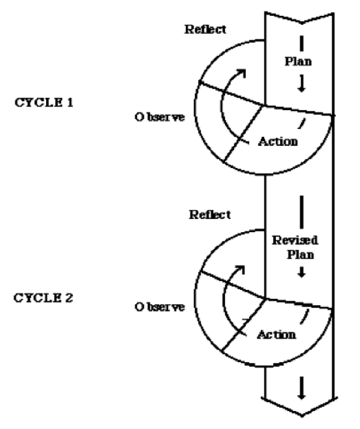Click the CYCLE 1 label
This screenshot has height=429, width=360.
44,103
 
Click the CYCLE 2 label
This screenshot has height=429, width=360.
43,297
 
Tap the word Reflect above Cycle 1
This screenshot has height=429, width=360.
205,30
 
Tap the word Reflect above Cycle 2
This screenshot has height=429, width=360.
210,215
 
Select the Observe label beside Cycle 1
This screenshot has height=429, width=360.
160,117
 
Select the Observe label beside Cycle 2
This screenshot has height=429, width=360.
160,306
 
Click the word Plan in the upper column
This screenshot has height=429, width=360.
298,61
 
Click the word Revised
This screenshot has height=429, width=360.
295,240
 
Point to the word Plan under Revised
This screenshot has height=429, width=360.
300,255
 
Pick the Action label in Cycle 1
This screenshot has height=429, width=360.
278,141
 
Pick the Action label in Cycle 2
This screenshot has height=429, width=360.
277,335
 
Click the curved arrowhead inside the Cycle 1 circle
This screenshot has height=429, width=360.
242,73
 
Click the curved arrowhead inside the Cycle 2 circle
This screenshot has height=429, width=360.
240,269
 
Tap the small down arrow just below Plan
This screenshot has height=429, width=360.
301,83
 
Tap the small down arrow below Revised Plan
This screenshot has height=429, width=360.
301,272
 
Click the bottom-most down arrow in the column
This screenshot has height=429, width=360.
301,388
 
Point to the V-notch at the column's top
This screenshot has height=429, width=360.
301,23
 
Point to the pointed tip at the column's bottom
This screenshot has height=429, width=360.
302,416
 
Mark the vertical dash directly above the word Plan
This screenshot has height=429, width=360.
301,43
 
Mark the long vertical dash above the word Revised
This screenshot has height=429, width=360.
301,212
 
